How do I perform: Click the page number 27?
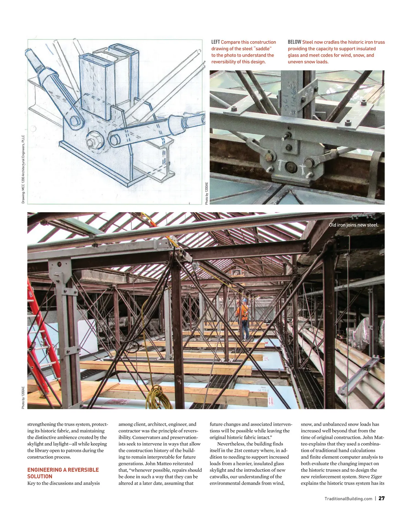[x=381, y=498]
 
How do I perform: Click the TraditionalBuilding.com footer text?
[x=348, y=499]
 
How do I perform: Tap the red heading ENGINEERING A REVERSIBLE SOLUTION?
[x=63, y=473]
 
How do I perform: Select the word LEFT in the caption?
[x=215, y=42]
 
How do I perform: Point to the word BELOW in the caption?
[x=294, y=42]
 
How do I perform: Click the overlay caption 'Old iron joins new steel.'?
[x=354, y=225]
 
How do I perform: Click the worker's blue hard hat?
[x=244, y=300]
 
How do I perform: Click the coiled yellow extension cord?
[x=159, y=397]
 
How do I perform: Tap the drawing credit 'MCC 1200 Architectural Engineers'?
[x=23, y=168]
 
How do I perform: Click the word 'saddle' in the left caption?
[x=263, y=48]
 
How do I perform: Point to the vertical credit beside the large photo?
[x=23, y=397]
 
